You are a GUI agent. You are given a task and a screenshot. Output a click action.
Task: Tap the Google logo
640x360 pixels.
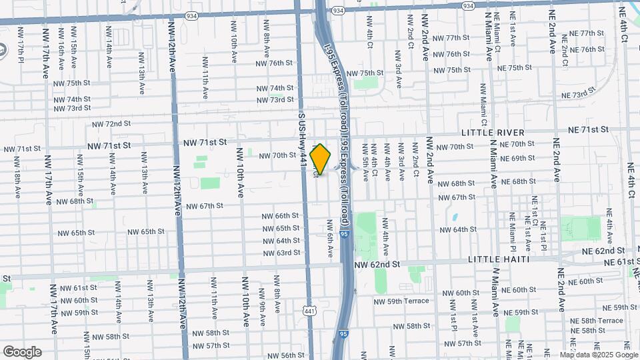[x=22, y=352]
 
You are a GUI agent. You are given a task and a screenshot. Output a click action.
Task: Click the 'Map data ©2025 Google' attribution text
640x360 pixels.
[x=598, y=355]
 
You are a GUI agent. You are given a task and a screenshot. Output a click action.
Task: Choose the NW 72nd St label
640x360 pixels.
[x=111, y=124]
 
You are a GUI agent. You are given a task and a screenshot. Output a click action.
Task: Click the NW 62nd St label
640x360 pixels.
[x=377, y=264]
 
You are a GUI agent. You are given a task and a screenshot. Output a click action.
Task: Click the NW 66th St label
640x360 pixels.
[x=281, y=216]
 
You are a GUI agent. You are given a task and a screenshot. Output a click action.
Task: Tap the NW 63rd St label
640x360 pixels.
[x=281, y=253]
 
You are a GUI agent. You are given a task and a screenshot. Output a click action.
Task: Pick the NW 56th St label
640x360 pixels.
[x=283, y=355]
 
